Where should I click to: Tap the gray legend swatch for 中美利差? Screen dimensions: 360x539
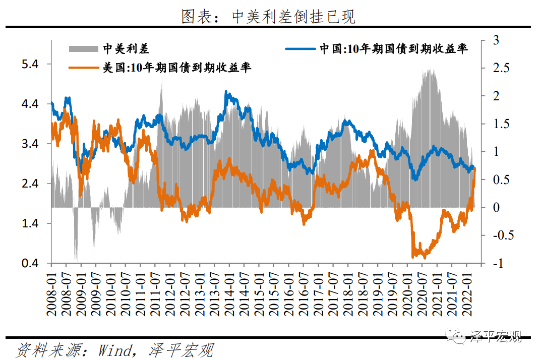(83, 49)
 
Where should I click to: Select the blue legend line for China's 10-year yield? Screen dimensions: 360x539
(301, 49)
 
